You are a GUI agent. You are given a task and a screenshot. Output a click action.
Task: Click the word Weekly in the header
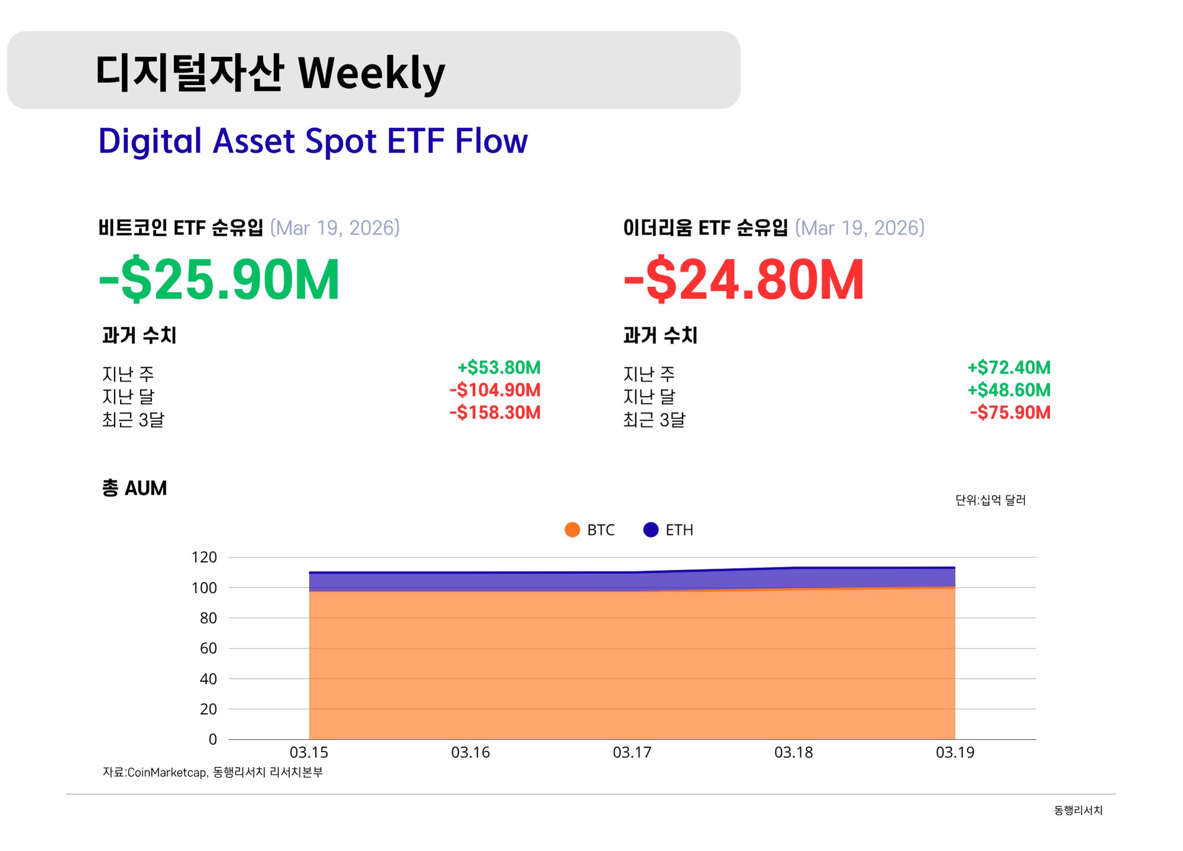(x=371, y=73)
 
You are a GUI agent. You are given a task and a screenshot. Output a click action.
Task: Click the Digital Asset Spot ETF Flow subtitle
(x=312, y=141)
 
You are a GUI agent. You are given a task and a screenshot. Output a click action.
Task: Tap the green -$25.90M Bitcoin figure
(x=219, y=279)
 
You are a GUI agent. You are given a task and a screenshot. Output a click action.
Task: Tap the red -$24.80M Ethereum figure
(x=744, y=279)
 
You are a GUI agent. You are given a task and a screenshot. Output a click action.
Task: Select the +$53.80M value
(x=499, y=368)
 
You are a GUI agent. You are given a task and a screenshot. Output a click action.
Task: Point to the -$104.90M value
(x=495, y=390)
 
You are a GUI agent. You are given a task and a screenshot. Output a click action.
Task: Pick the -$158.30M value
(x=495, y=412)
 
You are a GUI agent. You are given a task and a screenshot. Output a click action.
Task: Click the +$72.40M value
(x=1009, y=368)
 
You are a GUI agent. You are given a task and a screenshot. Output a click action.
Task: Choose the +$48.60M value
(x=1009, y=390)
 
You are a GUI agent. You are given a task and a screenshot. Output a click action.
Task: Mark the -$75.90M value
(x=1010, y=412)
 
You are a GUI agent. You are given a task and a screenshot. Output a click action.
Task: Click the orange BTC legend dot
(x=572, y=530)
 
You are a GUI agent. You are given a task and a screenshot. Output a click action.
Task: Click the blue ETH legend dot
(x=651, y=530)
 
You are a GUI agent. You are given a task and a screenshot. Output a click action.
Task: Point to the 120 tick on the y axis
(x=204, y=557)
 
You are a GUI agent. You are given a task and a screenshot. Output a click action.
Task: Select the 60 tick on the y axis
(x=208, y=648)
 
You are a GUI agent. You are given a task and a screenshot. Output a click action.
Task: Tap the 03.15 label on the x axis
(x=309, y=752)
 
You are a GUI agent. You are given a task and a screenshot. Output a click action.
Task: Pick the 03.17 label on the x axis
(x=632, y=752)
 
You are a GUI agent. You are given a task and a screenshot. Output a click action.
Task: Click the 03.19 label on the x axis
(x=955, y=752)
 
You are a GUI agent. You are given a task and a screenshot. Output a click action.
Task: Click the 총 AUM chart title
(x=134, y=488)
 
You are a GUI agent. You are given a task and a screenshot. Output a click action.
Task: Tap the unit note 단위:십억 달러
(x=990, y=500)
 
